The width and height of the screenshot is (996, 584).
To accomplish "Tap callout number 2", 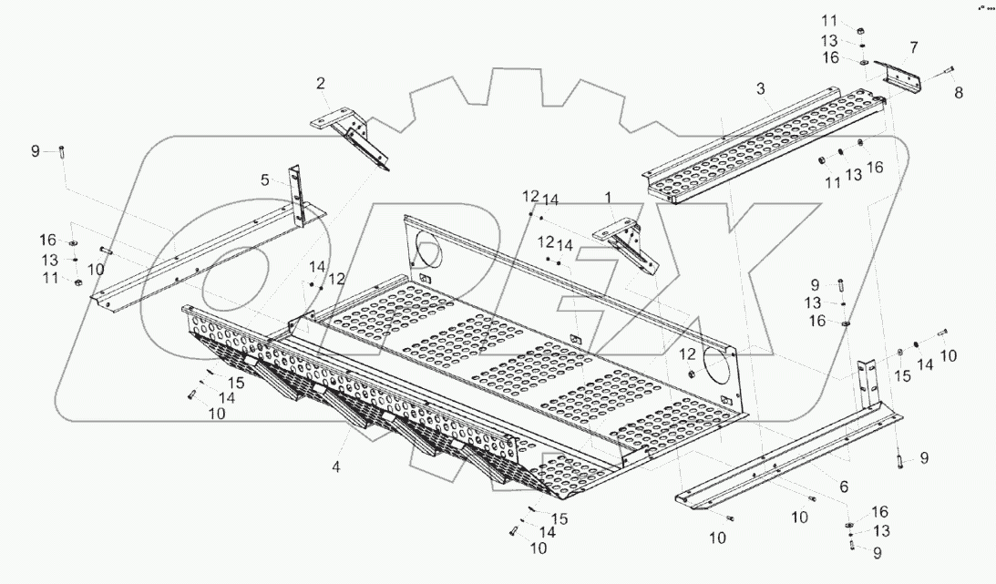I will click(321, 84).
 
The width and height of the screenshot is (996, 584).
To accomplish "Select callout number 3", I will click(760, 87).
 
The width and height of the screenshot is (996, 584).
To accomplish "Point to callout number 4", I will click(336, 466).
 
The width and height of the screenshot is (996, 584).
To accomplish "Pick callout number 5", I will click(265, 180).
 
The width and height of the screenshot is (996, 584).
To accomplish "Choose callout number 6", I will click(844, 487).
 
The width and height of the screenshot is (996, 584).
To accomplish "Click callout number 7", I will click(913, 46).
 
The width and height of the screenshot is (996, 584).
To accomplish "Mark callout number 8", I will click(957, 92).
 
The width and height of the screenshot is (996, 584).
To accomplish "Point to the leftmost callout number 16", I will click(47, 240).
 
